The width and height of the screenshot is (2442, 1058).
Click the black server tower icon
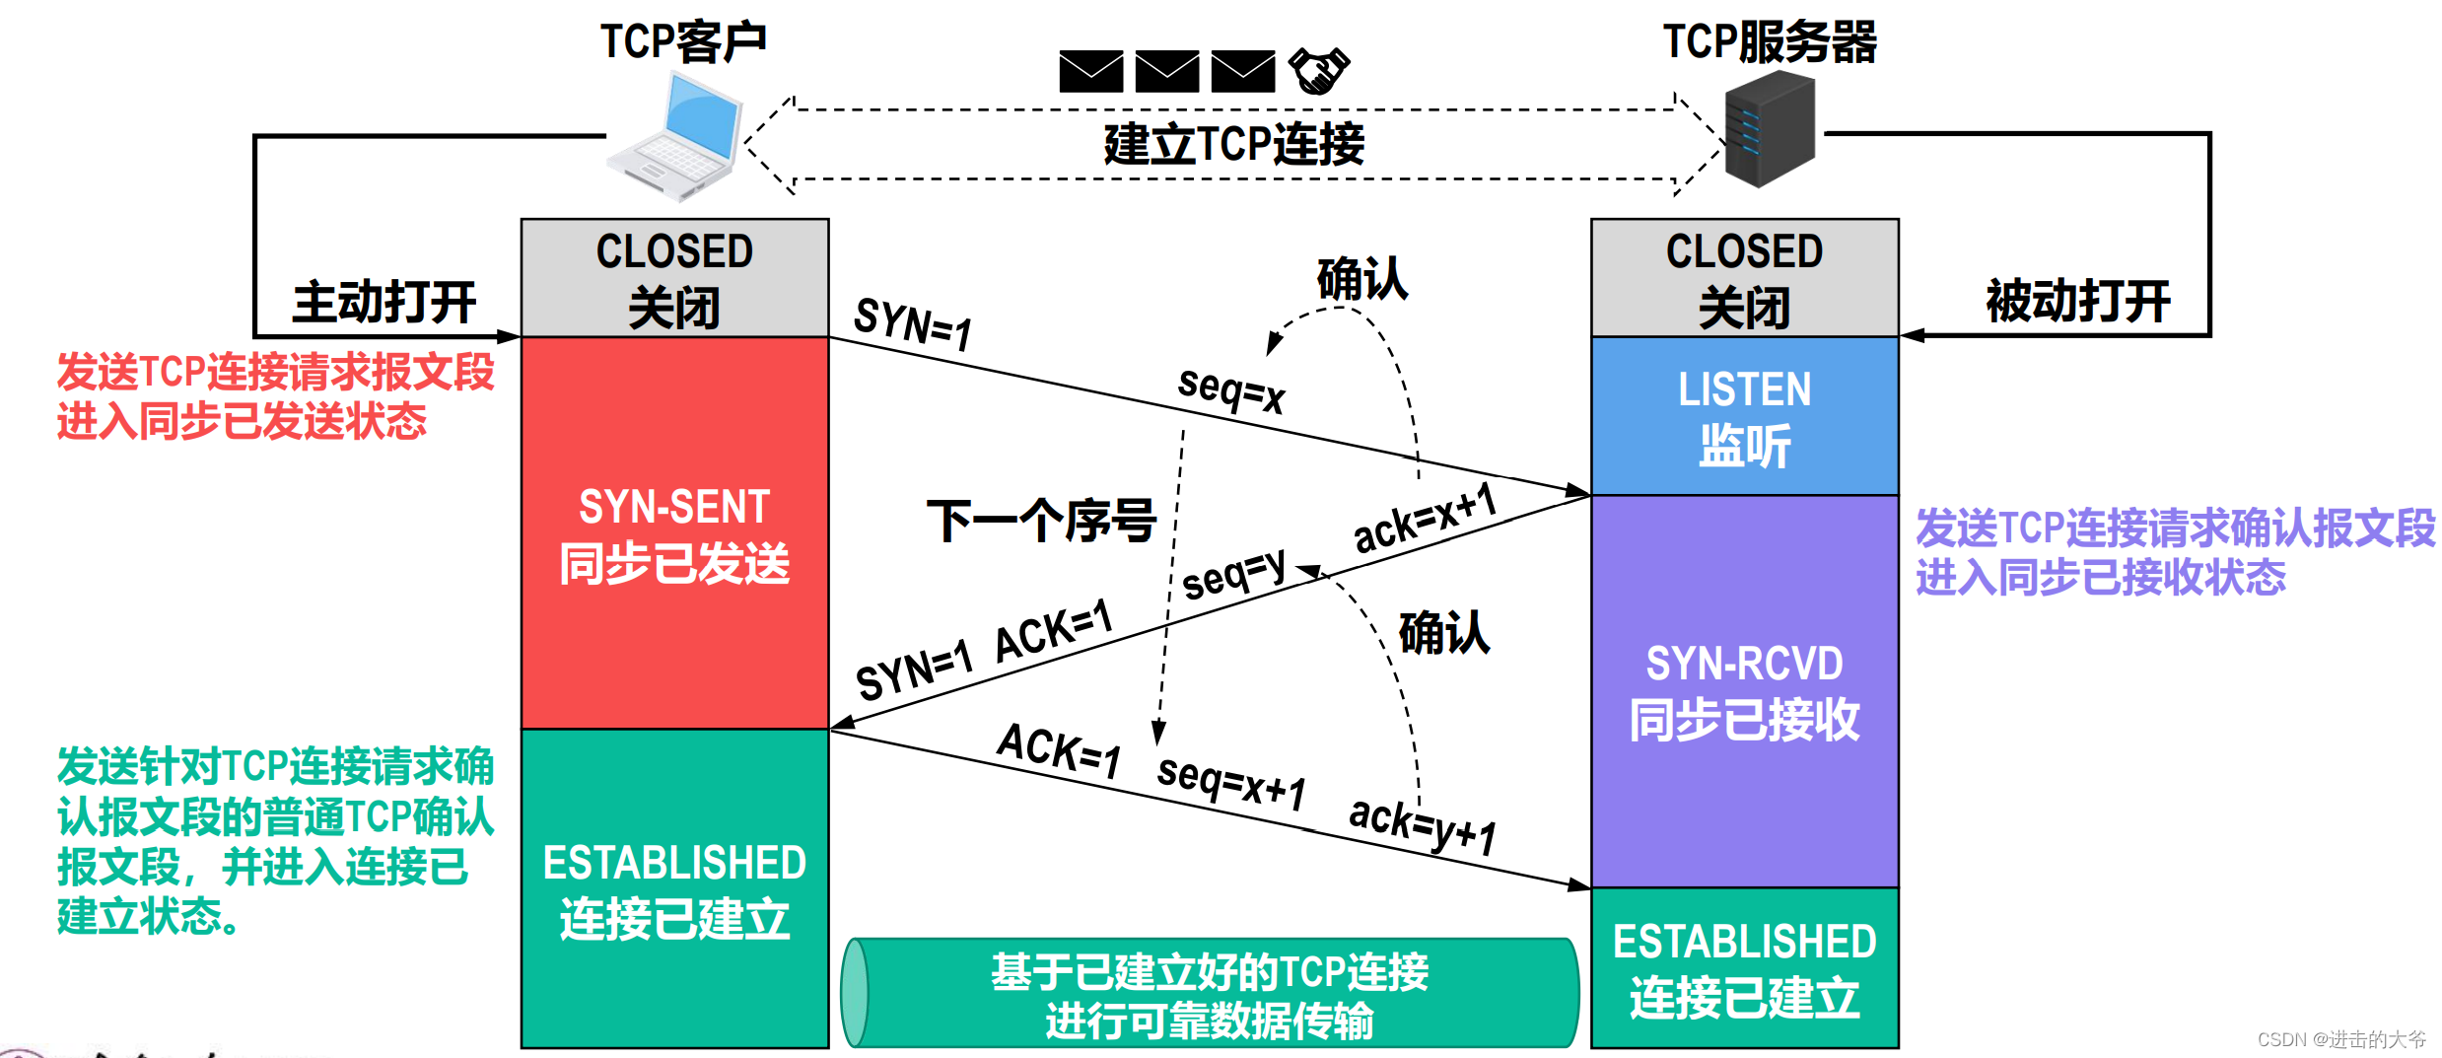point(1770,130)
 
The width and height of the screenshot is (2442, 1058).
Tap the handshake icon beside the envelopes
point(1318,70)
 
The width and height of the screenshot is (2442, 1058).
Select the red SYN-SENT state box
point(674,533)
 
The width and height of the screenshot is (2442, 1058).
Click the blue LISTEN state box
point(1744,416)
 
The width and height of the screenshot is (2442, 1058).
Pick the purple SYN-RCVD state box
point(1744,690)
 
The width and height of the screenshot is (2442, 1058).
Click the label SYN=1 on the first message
point(913,323)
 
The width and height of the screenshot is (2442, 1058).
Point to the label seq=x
point(1231,388)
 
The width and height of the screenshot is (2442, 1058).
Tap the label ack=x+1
point(1425,519)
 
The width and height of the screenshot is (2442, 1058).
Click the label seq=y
point(1233,573)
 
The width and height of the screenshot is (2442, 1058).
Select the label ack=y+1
point(1422,824)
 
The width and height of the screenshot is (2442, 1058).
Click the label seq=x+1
point(1231,782)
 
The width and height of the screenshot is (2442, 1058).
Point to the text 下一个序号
point(1041,521)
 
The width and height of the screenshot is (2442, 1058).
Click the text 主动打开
point(384,302)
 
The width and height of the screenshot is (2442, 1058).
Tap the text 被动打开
point(2077,301)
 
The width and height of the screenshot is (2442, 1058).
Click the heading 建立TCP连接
point(1233,145)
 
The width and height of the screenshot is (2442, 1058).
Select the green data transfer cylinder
point(1210,993)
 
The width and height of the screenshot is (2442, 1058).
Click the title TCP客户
point(683,42)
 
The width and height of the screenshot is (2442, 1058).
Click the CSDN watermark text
point(2340,1039)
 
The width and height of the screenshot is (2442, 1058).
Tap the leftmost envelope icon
point(1090,71)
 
